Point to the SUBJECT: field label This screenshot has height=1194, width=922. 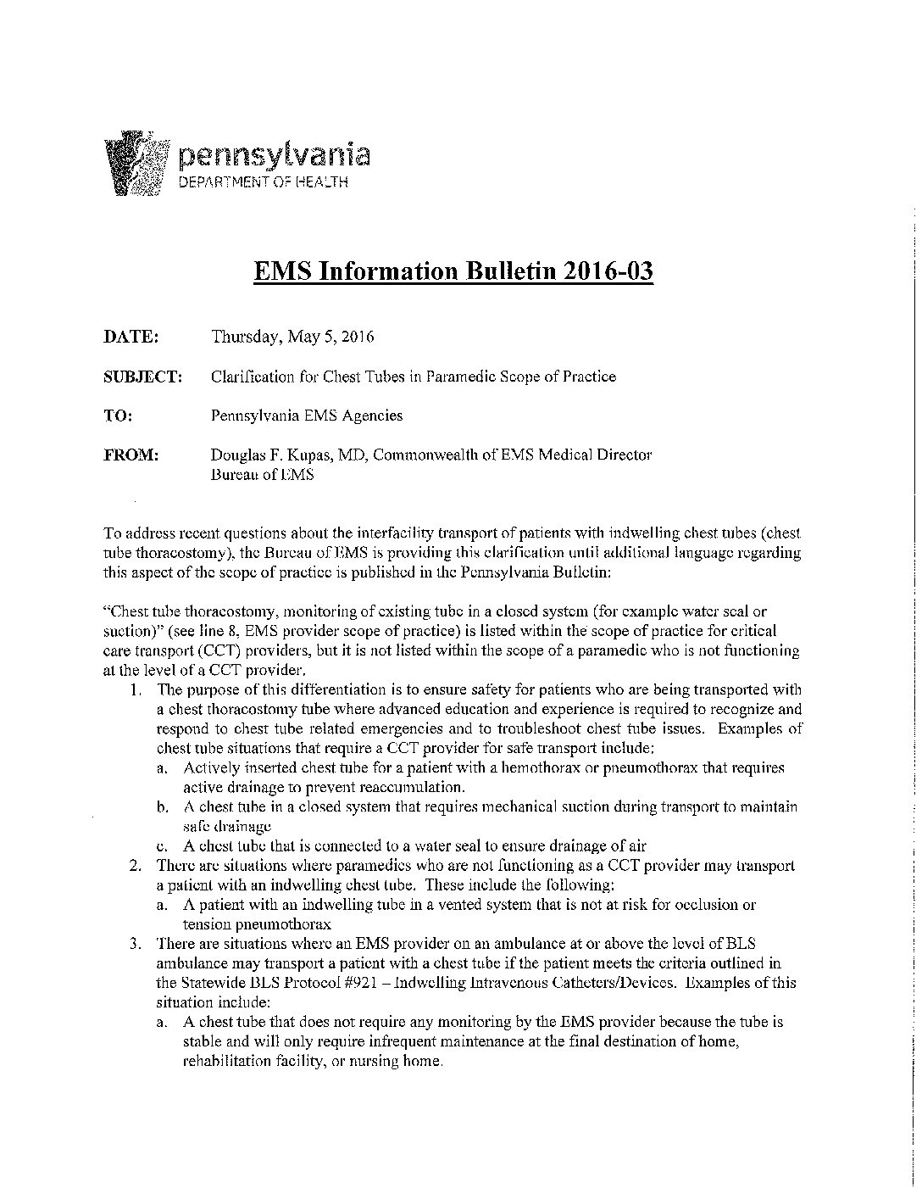[x=142, y=377]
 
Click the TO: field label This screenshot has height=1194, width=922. [x=118, y=416]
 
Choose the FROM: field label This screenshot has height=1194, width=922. [x=131, y=455]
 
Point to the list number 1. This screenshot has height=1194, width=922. [x=136, y=689]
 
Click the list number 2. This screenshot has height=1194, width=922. [x=135, y=866]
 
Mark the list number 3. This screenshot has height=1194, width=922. [x=135, y=944]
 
